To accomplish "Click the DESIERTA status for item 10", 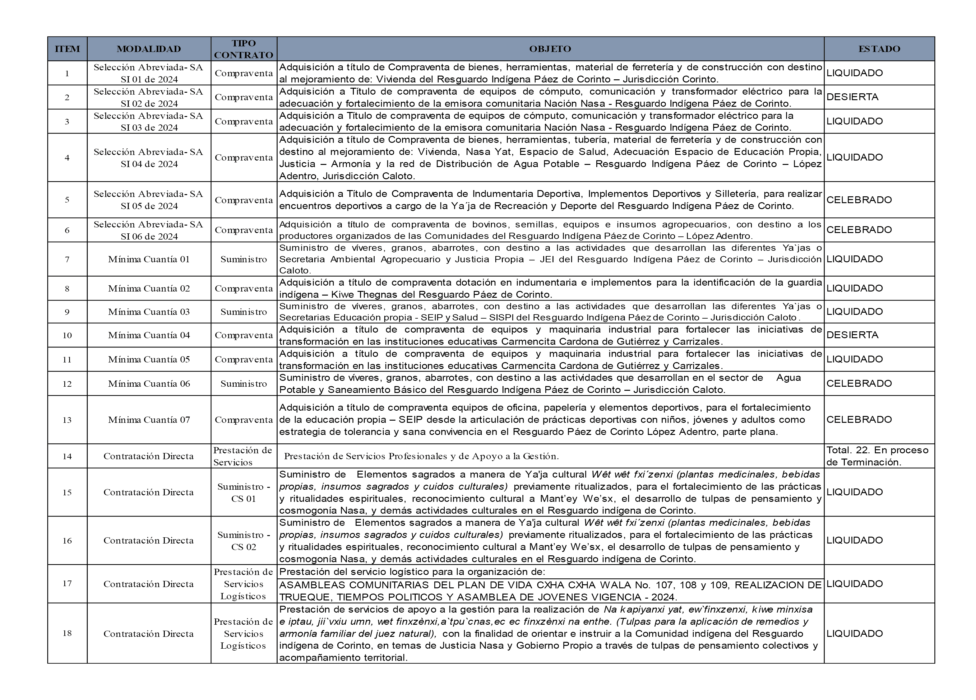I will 852,335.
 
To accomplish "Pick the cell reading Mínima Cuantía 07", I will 149,420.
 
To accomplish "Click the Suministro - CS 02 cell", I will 243,541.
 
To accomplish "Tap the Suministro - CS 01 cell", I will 243,492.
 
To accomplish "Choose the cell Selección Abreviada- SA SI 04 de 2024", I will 149,157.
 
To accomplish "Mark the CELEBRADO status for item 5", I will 859,200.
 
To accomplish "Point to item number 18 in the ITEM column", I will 67,633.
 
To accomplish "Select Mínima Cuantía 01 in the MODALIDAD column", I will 149,259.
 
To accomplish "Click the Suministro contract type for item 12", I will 243,384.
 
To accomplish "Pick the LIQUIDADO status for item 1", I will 854,73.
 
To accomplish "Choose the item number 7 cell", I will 67,259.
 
